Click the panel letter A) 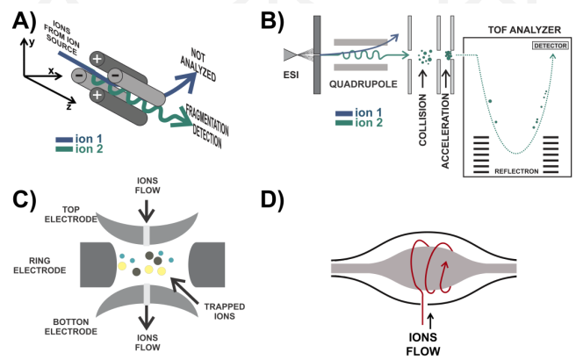pos(25,21)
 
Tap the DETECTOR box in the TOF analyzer pos(551,46)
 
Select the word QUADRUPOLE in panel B pos(363,84)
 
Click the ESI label pos(291,75)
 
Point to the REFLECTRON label pos(516,171)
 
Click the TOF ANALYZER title pos(524,30)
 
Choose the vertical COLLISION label pos(422,119)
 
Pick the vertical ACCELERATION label pos(445,131)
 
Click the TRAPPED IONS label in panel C pos(225,311)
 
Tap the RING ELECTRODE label pos(40,265)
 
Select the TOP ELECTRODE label pos(71,214)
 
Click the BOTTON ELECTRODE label pos(71,327)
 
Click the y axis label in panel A pos(32,42)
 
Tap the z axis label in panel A pos(68,106)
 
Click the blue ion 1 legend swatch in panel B pos(344,113)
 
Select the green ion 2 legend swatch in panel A pos(64,149)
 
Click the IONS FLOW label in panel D pos(423,344)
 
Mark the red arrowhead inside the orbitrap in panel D pos(445,265)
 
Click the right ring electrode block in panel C pos(207,264)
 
